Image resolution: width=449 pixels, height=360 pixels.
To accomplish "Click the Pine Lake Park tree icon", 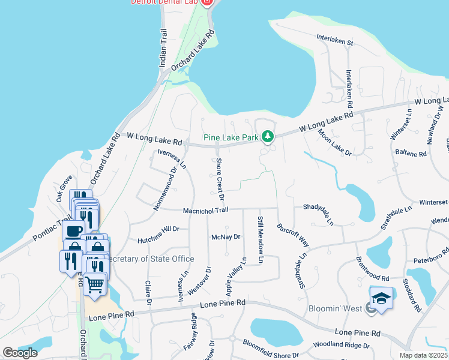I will coord(268,136).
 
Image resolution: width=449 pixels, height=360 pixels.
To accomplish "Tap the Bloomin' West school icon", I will coord(381,298).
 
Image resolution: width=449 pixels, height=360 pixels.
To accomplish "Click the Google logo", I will coord(20,353).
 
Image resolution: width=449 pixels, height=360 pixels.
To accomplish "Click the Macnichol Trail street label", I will coord(206,210).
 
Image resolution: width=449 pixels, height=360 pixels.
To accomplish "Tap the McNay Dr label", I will coord(226,237).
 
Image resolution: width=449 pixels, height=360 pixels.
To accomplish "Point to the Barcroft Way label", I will coord(293,236).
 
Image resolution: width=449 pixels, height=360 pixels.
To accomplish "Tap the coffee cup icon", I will coord(74,231).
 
